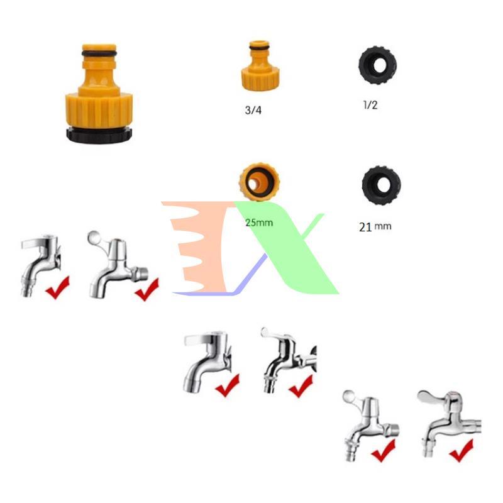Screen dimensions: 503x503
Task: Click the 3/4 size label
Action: (x=253, y=110)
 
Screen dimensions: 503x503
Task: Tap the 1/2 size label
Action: (x=370, y=105)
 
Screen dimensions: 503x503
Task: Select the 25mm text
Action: (x=259, y=223)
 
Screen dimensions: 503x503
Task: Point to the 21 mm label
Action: (x=375, y=227)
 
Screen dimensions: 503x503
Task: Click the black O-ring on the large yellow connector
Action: (x=99, y=53)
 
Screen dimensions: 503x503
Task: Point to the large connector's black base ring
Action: (x=99, y=135)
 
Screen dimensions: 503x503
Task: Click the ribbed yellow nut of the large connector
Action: (x=99, y=109)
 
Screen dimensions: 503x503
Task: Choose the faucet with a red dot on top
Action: (x=449, y=423)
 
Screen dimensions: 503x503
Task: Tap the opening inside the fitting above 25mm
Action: (x=254, y=184)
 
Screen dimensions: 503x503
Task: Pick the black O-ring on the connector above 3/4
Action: (x=260, y=48)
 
